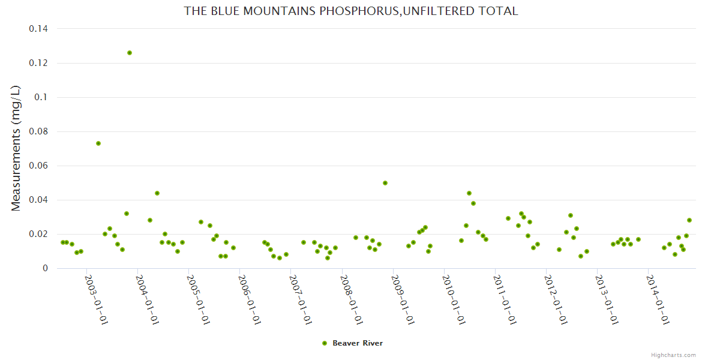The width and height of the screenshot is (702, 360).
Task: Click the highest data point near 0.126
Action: tap(129, 53)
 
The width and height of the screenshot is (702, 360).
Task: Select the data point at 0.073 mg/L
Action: tap(98, 143)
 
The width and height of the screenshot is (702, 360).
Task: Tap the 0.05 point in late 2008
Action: tap(385, 183)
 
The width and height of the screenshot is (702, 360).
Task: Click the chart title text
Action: tap(350, 11)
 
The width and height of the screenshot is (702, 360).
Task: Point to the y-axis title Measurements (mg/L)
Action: tap(16, 148)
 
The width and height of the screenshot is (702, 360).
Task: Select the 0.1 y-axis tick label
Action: tap(42, 97)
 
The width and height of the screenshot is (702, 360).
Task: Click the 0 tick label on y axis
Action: tap(44, 268)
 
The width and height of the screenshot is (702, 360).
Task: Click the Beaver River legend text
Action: tap(358, 343)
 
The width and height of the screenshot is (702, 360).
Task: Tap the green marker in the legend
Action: tap(325, 343)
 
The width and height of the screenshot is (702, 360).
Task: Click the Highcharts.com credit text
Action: tap(673, 355)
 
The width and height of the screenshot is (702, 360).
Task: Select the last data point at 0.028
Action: tap(689, 220)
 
